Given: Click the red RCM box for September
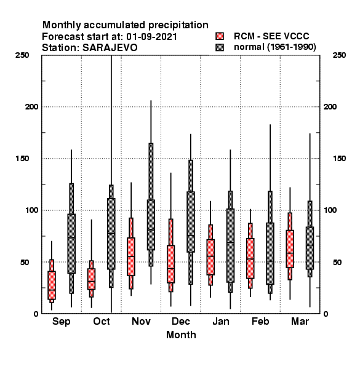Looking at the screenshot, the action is click(52, 285).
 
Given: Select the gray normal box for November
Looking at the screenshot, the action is click(151, 225).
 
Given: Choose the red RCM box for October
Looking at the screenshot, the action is click(91, 279).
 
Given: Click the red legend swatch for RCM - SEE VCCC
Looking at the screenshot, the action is click(220, 36).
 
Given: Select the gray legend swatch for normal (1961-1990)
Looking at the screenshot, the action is click(220, 47).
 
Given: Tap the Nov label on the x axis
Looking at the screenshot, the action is click(141, 322).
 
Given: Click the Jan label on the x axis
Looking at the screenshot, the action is click(221, 322).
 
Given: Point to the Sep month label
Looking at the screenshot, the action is click(61, 322).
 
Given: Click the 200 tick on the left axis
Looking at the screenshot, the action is click(32, 107).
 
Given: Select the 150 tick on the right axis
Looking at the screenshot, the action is click(339, 159).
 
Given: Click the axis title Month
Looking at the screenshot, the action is click(181, 335).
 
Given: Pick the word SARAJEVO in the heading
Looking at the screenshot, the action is click(110, 48).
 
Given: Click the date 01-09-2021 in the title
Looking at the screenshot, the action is click(151, 37).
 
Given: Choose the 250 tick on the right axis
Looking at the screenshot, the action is click(339, 55).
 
